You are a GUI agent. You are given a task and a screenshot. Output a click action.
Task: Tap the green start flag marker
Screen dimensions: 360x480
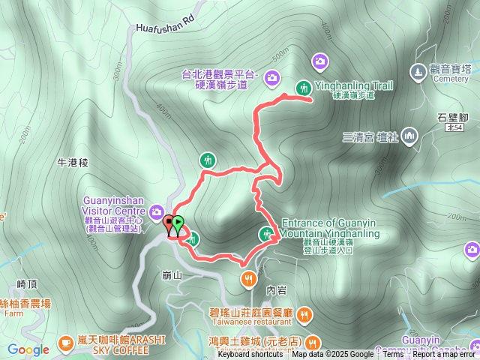pyautogui.click(x=178, y=223)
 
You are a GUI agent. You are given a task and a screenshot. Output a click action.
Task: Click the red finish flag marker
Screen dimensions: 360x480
pyautogui.click(x=168, y=223)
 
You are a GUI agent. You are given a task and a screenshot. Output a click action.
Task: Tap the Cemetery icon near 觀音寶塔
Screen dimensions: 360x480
pyautogui.click(x=418, y=72)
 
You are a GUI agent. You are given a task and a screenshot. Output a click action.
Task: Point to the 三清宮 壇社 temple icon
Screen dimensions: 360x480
pyautogui.click(x=409, y=136)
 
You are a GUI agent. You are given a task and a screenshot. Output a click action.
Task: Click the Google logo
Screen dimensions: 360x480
pyautogui.click(x=28, y=349)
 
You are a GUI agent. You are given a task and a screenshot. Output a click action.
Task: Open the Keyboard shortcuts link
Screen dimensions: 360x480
pyautogui.click(x=250, y=355)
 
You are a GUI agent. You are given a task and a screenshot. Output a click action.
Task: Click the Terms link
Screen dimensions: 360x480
pyautogui.click(x=393, y=355)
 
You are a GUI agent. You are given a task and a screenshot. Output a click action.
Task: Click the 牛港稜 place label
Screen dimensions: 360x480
pyautogui.click(x=73, y=162)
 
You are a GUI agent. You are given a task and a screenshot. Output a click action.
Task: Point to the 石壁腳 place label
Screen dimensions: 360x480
pyautogui.click(x=452, y=118)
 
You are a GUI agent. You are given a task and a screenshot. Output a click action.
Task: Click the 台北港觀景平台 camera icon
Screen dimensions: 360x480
pyautogui.click(x=271, y=76)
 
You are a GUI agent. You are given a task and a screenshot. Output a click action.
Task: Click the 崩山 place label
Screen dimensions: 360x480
pyautogui.click(x=172, y=275)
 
